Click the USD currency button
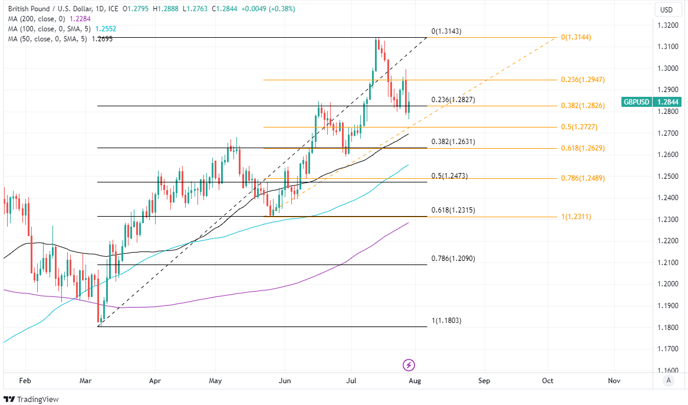pyautogui.click(x=666, y=9)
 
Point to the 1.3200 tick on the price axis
pyautogui.click(x=667, y=25)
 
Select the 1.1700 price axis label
pyautogui.click(x=667, y=349)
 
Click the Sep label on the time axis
pyautogui.click(x=484, y=381)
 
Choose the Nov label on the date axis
pyautogui.click(x=614, y=381)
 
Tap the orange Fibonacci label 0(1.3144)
pyautogui.click(x=575, y=37)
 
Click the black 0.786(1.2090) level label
pyautogui.click(x=453, y=259)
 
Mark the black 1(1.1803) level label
pyautogui.click(x=446, y=321)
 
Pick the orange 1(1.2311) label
pyautogui.click(x=575, y=217)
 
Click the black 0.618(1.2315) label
pyautogui.click(x=453, y=210)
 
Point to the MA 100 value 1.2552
pyautogui.click(x=104, y=29)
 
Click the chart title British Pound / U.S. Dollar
pyautogui.click(x=49, y=9)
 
